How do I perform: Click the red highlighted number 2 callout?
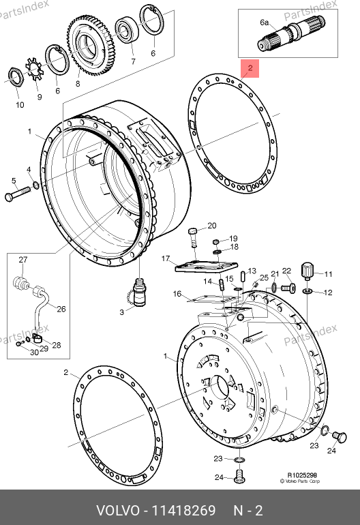point(250,68)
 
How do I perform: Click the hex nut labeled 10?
point(15,76)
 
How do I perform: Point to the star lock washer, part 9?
point(34,69)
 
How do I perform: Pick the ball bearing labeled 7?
point(127,30)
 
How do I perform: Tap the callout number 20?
point(211,226)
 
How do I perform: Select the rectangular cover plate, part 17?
point(207,267)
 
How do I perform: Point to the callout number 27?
point(22,260)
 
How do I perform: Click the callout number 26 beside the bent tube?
point(61,309)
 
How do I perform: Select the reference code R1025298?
point(302,475)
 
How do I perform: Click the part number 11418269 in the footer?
point(184,511)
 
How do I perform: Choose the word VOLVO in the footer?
point(117,511)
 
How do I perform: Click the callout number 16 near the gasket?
point(177,294)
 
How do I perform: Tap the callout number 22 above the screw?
point(286,271)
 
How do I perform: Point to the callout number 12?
point(328,292)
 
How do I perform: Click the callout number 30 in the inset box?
point(35,352)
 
